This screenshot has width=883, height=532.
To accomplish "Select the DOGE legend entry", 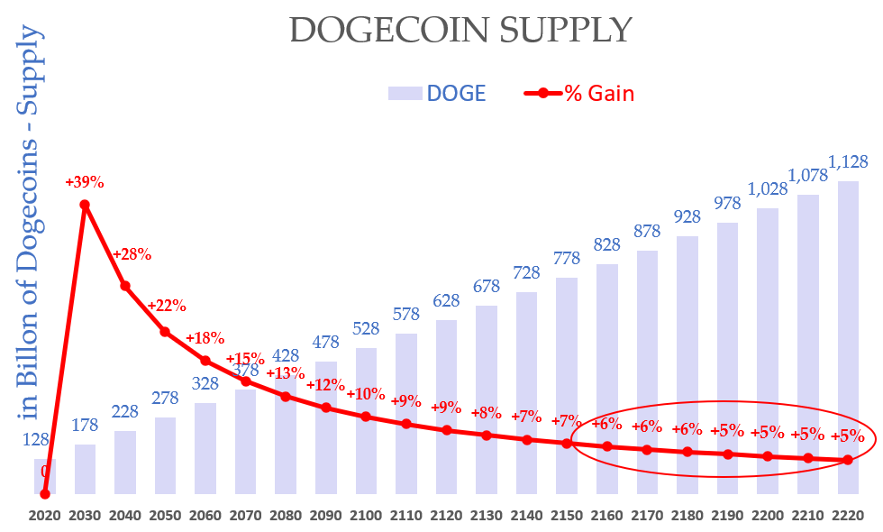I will pos(437,93).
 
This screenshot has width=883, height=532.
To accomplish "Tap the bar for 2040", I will pos(125,462).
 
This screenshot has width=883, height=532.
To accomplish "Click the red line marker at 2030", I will pos(85,205).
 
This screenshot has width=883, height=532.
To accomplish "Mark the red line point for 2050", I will pos(165,332).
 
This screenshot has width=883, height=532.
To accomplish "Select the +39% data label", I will pos(85,182).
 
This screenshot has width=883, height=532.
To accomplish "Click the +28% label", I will pos(132,254).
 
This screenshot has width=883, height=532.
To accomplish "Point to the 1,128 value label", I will pos(848,162).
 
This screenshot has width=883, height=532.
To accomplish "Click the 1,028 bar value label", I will pos(768,190).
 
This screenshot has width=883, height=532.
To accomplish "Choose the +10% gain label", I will pos(366,395).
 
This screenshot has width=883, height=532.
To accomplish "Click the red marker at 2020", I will pos(45,493).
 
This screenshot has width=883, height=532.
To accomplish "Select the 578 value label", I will pos(406,316).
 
